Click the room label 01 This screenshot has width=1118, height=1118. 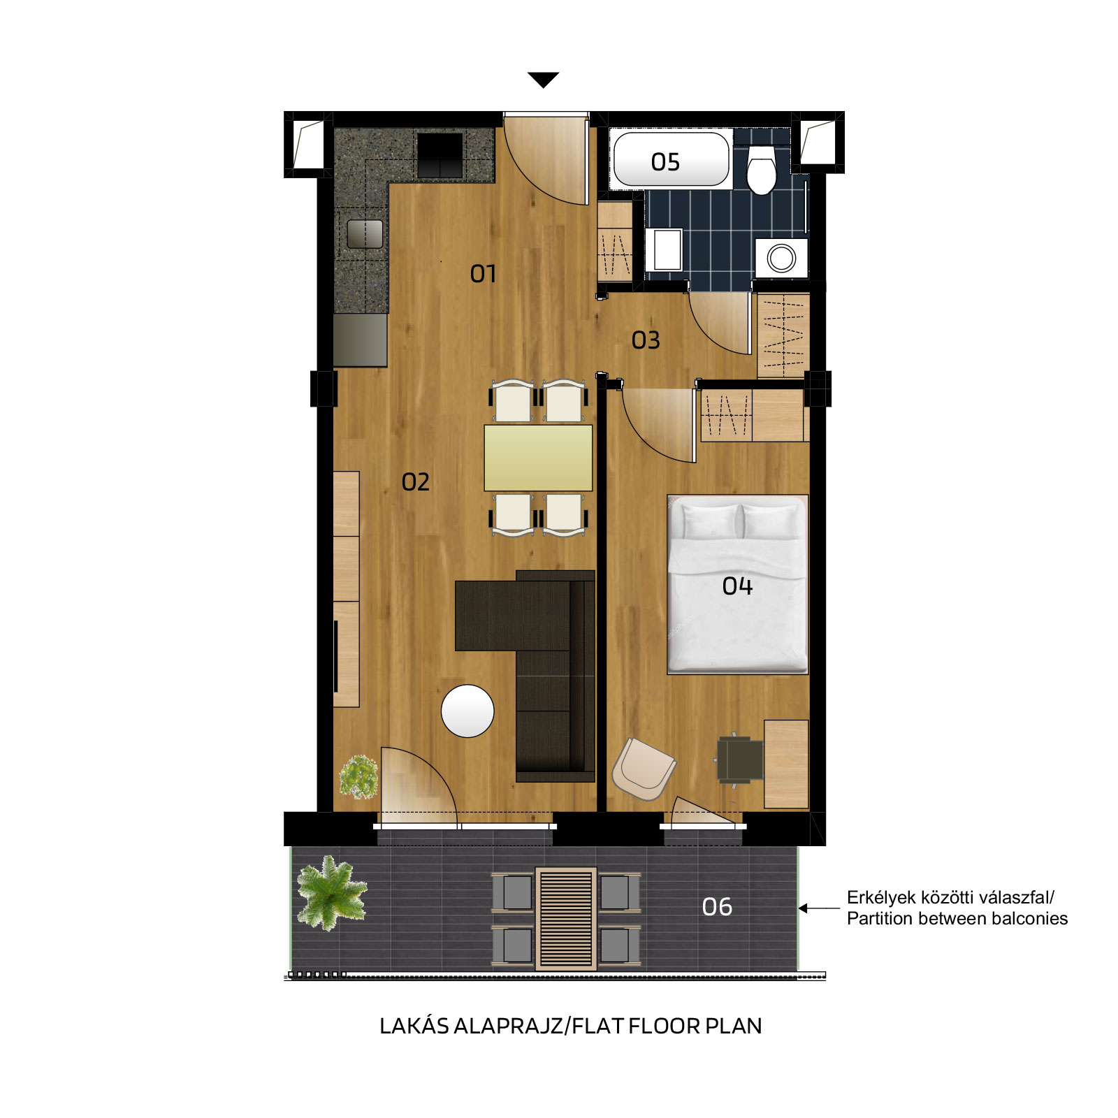pyautogui.click(x=483, y=273)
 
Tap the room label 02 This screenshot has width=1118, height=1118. pyautogui.click(x=416, y=481)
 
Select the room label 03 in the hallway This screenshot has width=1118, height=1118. pyautogui.click(x=646, y=340)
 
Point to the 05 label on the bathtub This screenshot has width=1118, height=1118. pyautogui.click(x=665, y=162)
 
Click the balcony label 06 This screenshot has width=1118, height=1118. pyautogui.click(x=717, y=907)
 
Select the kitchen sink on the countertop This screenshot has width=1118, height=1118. pyautogui.click(x=365, y=234)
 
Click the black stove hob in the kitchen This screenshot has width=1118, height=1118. pyautogui.click(x=440, y=155)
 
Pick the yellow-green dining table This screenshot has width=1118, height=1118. pyautogui.click(x=538, y=458)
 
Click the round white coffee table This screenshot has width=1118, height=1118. pyautogui.click(x=467, y=711)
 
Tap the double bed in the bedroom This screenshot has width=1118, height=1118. pyautogui.click(x=738, y=585)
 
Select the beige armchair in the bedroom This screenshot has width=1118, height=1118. pyautogui.click(x=644, y=769)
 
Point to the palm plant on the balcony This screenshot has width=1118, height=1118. pyautogui.click(x=331, y=892)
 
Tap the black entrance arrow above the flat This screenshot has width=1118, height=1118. pyautogui.click(x=544, y=80)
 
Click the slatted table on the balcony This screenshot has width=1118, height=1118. pyautogui.click(x=566, y=919)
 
